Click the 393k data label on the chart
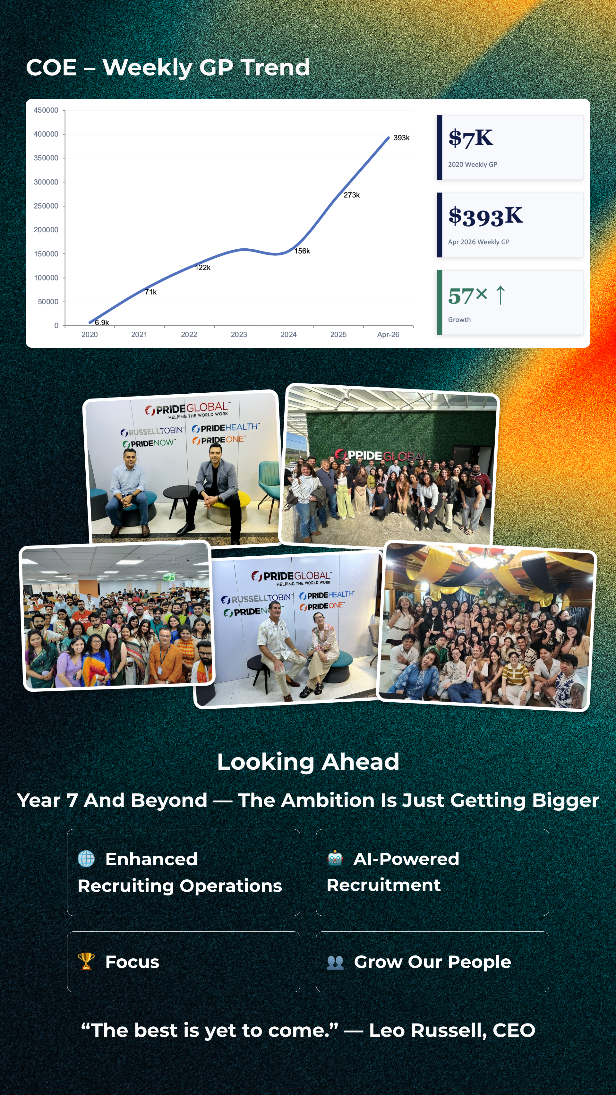[x=401, y=138]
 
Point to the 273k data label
[x=352, y=195]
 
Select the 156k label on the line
[x=302, y=251]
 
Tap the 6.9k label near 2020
[x=102, y=323]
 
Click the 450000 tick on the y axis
[x=46, y=110]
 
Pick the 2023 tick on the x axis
[x=239, y=335]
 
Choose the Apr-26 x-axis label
[x=388, y=335]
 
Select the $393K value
[x=485, y=216]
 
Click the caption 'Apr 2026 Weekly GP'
[x=479, y=242]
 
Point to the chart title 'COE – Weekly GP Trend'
[x=168, y=68]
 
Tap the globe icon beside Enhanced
[x=86, y=858]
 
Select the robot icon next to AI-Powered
[x=335, y=858]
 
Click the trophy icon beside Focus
[x=86, y=962]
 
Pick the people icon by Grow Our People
[x=335, y=962]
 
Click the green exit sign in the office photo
[x=169, y=577]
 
